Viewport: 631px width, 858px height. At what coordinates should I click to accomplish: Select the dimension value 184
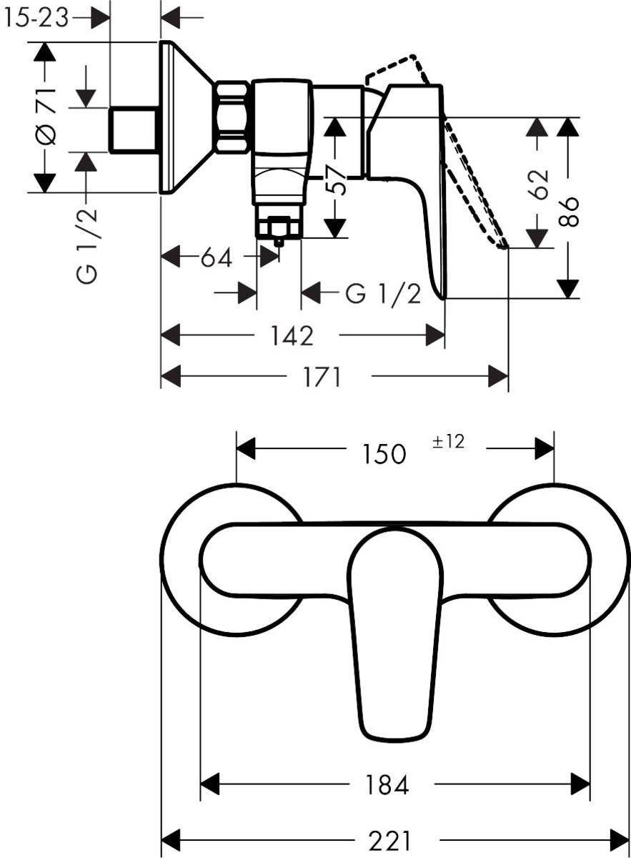point(389,785)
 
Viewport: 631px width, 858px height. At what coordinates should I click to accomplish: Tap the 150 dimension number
point(384,453)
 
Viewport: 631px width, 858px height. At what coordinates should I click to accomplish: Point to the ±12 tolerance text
point(448,442)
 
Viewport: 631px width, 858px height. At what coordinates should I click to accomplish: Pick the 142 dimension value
point(292,335)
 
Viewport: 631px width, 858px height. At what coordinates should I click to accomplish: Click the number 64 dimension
point(217,257)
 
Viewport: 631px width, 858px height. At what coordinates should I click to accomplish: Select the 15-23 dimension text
point(36,18)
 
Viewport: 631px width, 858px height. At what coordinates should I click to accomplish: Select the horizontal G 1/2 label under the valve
point(384,293)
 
